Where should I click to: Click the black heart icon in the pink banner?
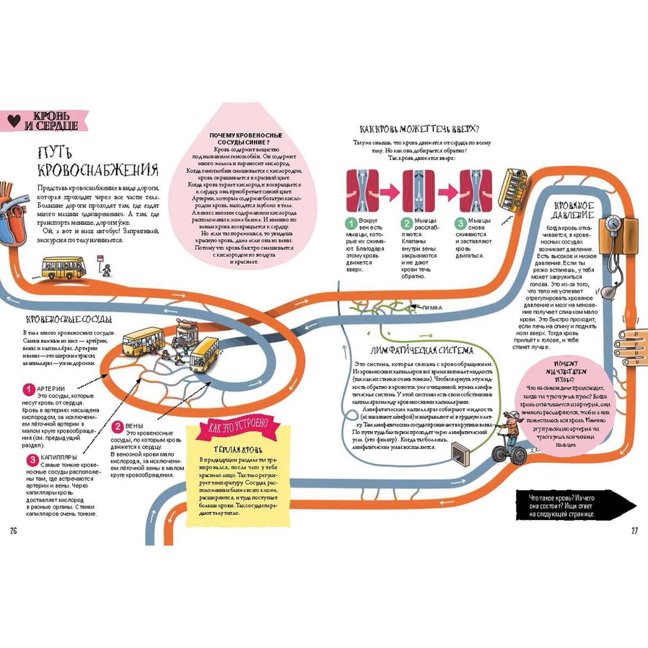click(x=14, y=121)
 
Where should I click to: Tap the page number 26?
click(x=13, y=531)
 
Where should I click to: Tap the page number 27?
click(x=634, y=531)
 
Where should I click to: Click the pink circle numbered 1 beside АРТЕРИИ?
click(x=29, y=390)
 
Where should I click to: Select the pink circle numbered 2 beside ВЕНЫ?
click(x=117, y=426)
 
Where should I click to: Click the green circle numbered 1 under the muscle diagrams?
click(x=351, y=223)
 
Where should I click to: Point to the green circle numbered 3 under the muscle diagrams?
click(x=460, y=223)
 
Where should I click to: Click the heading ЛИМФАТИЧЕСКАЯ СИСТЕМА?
click(x=422, y=350)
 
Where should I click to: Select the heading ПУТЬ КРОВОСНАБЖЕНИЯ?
click(x=97, y=162)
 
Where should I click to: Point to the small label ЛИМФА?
click(x=432, y=308)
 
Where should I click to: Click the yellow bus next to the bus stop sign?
click(x=64, y=268)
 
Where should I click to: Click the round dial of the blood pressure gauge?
click(x=612, y=224)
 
